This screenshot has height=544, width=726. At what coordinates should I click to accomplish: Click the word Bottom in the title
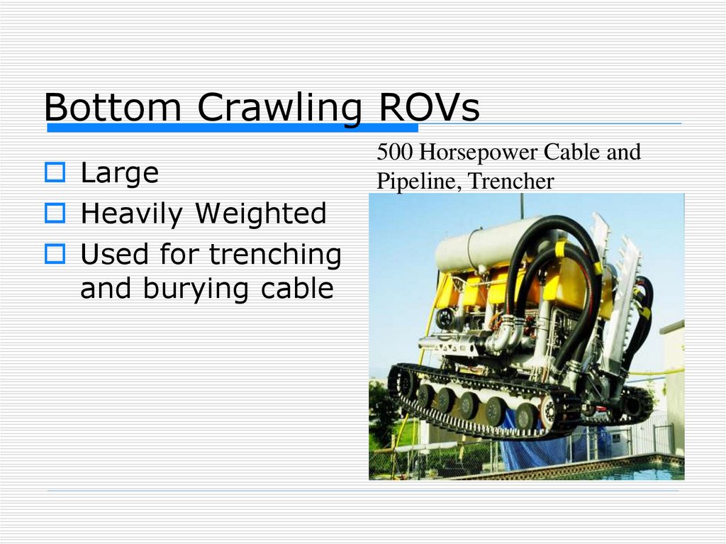click(113, 109)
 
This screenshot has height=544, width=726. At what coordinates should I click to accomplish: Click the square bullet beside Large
click(55, 172)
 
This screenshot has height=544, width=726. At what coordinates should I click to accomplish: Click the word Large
click(120, 172)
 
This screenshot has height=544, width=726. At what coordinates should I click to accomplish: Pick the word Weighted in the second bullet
click(261, 213)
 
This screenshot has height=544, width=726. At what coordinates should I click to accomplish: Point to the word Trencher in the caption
click(511, 182)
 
